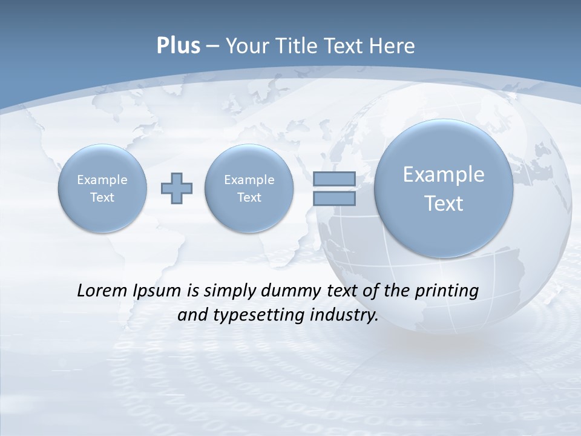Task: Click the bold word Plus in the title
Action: tap(178, 46)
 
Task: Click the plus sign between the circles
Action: tap(177, 188)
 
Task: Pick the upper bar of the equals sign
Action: tap(334, 179)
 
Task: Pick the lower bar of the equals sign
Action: tap(334, 198)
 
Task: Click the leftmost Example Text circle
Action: tap(102, 188)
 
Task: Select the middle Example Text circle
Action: tap(249, 188)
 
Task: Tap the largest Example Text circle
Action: tap(444, 188)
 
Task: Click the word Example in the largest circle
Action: tap(444, 174)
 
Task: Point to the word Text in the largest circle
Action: tap(444, 203)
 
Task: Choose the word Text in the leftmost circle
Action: tap(102, 197)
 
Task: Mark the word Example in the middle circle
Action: tap(249, 180)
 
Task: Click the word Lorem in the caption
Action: tap(102, 291)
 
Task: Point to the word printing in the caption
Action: tap(445, 291)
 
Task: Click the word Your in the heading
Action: tap(248, 46)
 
